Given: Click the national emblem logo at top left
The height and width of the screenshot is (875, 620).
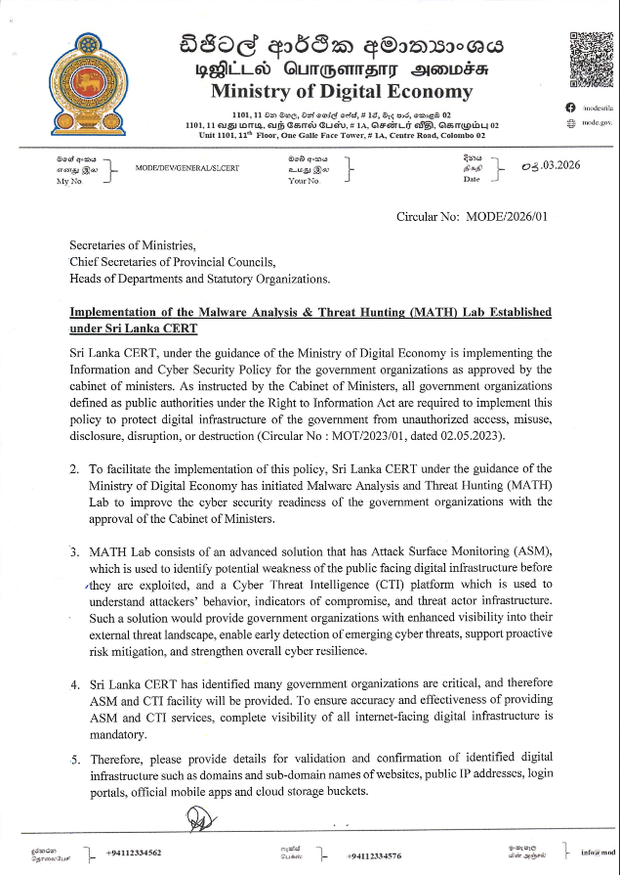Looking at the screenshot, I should tap(94, 80).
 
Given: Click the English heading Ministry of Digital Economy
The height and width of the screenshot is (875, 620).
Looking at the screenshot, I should tap(341, 93).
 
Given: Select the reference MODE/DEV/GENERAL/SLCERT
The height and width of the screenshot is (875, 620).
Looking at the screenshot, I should tap(187, 167).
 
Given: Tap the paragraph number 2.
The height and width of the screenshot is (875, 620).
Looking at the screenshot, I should tap(74, 469).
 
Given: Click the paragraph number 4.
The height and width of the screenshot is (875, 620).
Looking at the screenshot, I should tap(74, 684).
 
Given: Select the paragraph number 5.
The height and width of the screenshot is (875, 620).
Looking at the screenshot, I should tap(74, 759).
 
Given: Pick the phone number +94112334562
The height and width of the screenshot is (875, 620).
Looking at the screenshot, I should tap(134, 853).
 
